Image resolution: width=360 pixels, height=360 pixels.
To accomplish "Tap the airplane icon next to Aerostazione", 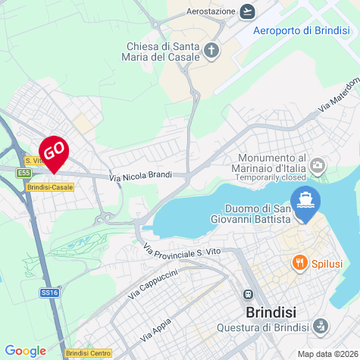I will (x=247, y=11).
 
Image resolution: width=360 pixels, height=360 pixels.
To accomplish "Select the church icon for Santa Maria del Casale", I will (x=211, y=52).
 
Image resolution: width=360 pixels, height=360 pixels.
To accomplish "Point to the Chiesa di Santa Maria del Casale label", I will (x=162, y=51).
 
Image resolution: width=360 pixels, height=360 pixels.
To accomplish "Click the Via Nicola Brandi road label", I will (x=140, y=177).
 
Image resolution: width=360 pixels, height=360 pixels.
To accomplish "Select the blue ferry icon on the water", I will (x=307, y=201).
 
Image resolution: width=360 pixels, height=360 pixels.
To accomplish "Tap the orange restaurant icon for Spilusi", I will (x=300, y=263).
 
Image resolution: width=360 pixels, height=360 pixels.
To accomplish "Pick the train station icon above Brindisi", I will (x=247, y=295).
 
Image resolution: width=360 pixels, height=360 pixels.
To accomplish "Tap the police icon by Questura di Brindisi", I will (x=321, y=327).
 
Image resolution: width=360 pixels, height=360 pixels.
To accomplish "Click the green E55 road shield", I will (x=24, y=173).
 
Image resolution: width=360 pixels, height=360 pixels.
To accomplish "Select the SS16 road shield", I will (x=49, y=291).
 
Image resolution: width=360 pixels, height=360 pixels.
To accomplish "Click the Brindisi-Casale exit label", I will (x=49, y=186).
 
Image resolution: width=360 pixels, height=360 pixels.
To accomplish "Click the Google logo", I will (x=25, y=350).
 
